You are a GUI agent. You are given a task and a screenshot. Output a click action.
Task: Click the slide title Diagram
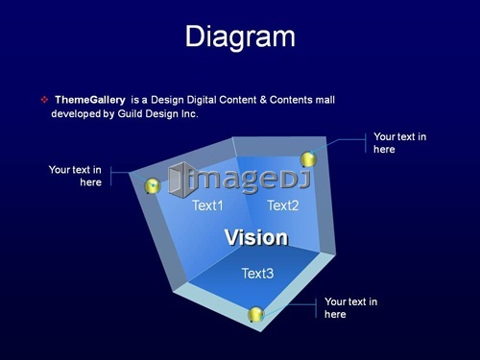[x=240, y=37]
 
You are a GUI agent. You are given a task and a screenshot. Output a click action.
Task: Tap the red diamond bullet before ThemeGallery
[x=44, y=100]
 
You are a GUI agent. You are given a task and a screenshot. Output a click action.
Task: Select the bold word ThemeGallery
[x=90, y=100]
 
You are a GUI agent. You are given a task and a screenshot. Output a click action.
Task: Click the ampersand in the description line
[x=263, y=100]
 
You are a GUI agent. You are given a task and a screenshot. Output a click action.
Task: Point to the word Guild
[x=131, y=113]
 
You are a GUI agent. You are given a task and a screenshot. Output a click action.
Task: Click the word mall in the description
[x=325, y=100]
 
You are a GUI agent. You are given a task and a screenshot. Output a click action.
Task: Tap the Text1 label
[x=207, y=205]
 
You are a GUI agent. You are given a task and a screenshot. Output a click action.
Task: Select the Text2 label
[x=283, y=205]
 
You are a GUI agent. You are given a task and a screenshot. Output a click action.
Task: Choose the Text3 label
[x=257, y=274]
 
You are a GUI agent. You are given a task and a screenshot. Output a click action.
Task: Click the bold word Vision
[x=256, y=237]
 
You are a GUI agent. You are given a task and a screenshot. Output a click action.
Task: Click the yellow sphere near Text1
[x=153, y=186]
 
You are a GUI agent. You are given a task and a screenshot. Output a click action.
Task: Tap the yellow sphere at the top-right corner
[x=308, y=159]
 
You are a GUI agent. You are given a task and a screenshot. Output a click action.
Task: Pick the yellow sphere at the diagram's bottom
[x=256, y=314]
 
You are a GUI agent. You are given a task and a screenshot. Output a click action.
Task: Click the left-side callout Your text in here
[x=75, y=176]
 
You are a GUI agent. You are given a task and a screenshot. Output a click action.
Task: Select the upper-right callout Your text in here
[x=400, y=143]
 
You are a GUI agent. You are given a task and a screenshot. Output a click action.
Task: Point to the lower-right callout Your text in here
[x=351, y=307]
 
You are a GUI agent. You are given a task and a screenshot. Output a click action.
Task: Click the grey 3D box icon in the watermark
[x=180, y=180]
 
